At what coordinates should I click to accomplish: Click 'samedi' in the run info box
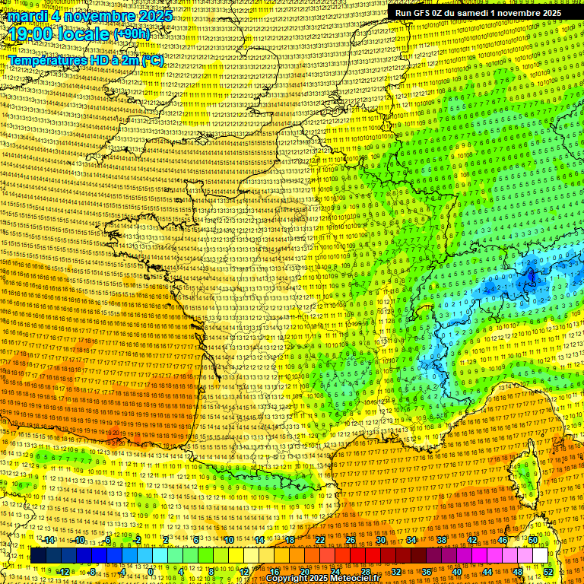470,13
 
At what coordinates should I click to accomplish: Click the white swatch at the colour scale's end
539,556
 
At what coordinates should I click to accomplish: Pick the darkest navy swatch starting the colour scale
38,556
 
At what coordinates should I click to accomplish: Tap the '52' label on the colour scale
548,571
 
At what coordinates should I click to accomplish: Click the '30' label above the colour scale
381,540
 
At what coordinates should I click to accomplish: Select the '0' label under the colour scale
151,571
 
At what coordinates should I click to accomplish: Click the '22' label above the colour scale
320,540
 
